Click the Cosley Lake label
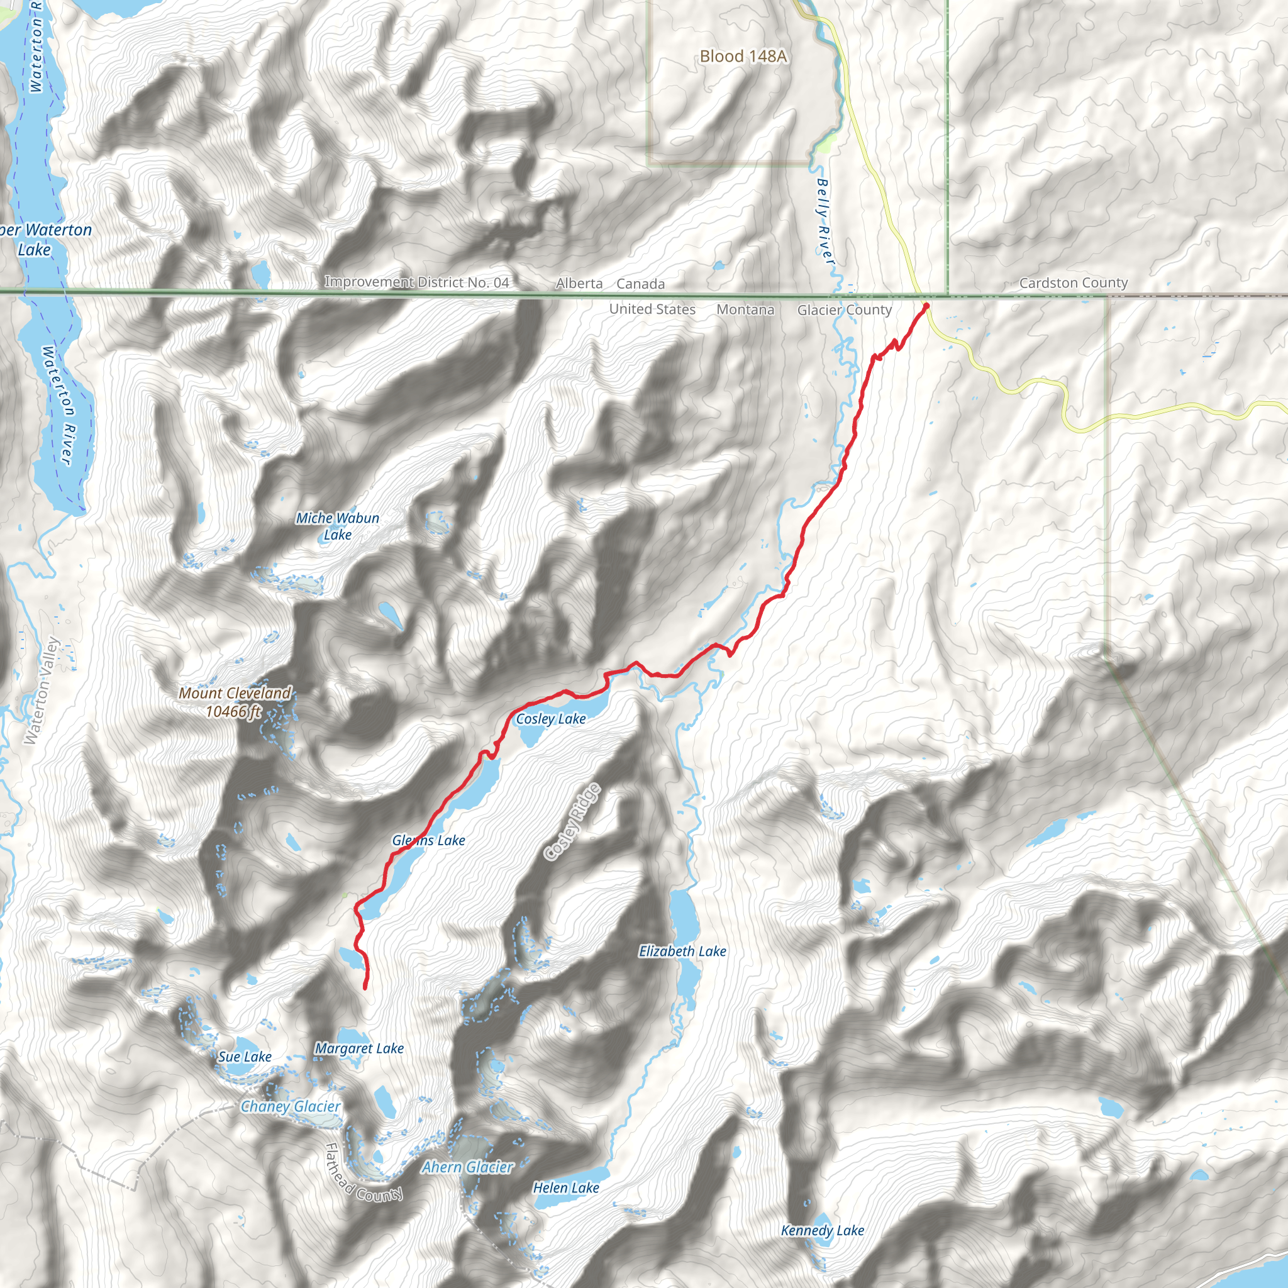(551, 719)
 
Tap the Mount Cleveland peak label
(234, 702)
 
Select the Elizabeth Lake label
(682, 952)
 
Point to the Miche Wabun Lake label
(337, 526)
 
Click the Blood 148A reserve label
(743, 57)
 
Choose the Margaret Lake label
(358, 1048)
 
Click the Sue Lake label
(245, 1057)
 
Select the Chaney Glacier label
(291, 1107)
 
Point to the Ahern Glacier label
(467, 1167)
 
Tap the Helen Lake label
(565, 1187)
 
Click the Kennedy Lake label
(822, 1231)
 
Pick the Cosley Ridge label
(572, 823)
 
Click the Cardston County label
(1074, 282)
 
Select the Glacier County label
(844, 310)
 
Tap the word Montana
(745, 309)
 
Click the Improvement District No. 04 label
(417, 282)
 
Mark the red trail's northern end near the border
(926, 305)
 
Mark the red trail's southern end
(365, 988)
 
